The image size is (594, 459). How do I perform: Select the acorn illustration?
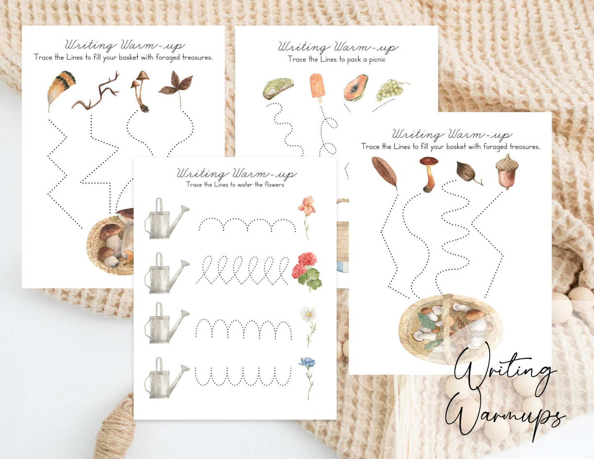pyautogui.click(x=507, y=172)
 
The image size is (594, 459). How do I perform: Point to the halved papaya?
pyautogui.click(x=356, y=88)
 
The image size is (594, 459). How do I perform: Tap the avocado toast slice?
pyautogui.click(x=278, y=88)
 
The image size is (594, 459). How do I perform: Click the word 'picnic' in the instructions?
pyautogui.click(x=377, y=60)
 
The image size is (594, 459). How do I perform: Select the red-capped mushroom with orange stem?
pyautogui.click(x=429, y=174)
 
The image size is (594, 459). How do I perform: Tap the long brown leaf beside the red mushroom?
pyautogui.click(x=384, y=172)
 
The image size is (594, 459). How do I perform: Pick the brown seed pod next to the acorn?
pyautogui.click(x=468, y=173)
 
